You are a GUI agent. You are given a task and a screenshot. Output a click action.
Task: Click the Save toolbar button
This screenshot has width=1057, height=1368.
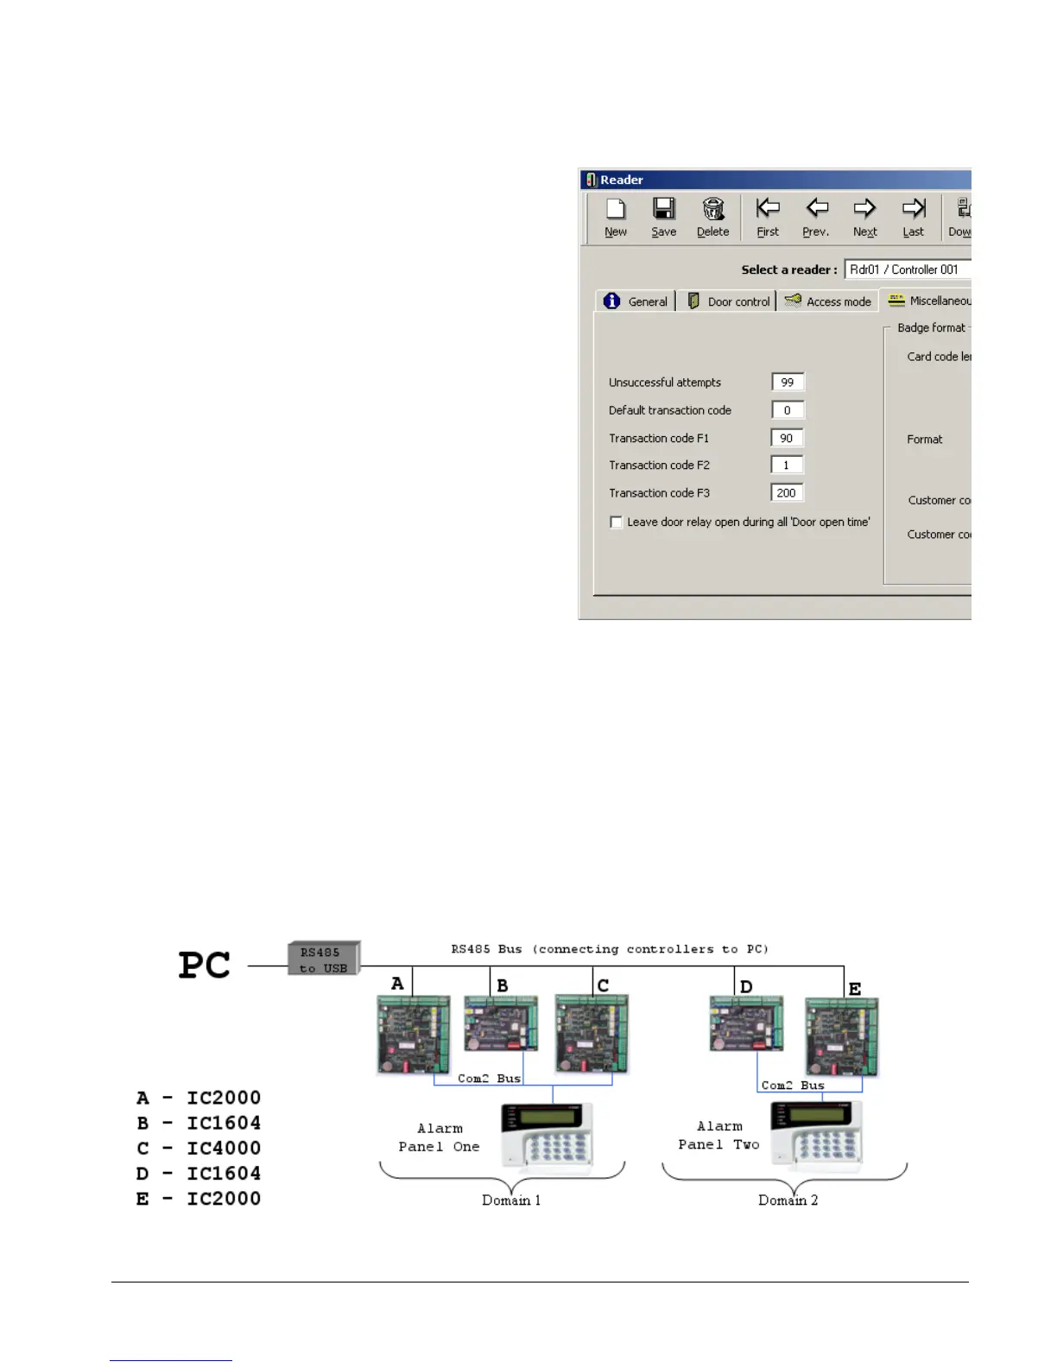(663, 217)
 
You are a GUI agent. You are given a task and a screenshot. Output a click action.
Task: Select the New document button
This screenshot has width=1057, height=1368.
(616, 217)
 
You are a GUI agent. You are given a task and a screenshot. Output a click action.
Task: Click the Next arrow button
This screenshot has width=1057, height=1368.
(864, 217)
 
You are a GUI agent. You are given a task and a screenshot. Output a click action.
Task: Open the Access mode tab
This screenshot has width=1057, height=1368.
(828, 301)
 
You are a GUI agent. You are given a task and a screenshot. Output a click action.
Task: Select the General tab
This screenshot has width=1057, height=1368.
(636, 301)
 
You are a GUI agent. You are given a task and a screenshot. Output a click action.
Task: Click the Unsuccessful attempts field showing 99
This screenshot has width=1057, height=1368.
(787, 383)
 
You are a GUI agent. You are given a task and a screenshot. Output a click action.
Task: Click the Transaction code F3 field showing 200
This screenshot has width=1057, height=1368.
(787, 493)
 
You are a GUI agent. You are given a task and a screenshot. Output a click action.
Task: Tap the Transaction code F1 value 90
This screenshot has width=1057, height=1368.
(787, 438)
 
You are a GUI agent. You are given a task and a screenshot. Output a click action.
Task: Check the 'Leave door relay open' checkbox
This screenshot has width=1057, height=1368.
(616, 522)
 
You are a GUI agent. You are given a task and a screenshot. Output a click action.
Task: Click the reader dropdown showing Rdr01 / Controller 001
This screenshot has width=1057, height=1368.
(907, 269)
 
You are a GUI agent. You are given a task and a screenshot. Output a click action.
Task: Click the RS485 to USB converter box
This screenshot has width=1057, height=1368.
(323, 959)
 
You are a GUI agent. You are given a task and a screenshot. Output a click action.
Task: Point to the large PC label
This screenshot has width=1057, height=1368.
(205, 965)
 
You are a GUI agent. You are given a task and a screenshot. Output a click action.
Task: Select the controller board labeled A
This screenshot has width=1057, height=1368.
(414, 1034)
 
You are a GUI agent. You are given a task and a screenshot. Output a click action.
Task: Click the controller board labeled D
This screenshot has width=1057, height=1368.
(746, 1023)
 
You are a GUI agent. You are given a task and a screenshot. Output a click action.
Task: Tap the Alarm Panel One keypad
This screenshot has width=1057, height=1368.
(547, 1138)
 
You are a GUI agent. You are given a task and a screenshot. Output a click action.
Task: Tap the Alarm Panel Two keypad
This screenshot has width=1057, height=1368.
(817, 1136)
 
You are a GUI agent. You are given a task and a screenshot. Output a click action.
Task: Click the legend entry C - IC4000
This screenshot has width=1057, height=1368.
(199, 1148)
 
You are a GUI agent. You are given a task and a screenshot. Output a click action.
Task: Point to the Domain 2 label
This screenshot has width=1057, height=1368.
(788, 1200)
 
